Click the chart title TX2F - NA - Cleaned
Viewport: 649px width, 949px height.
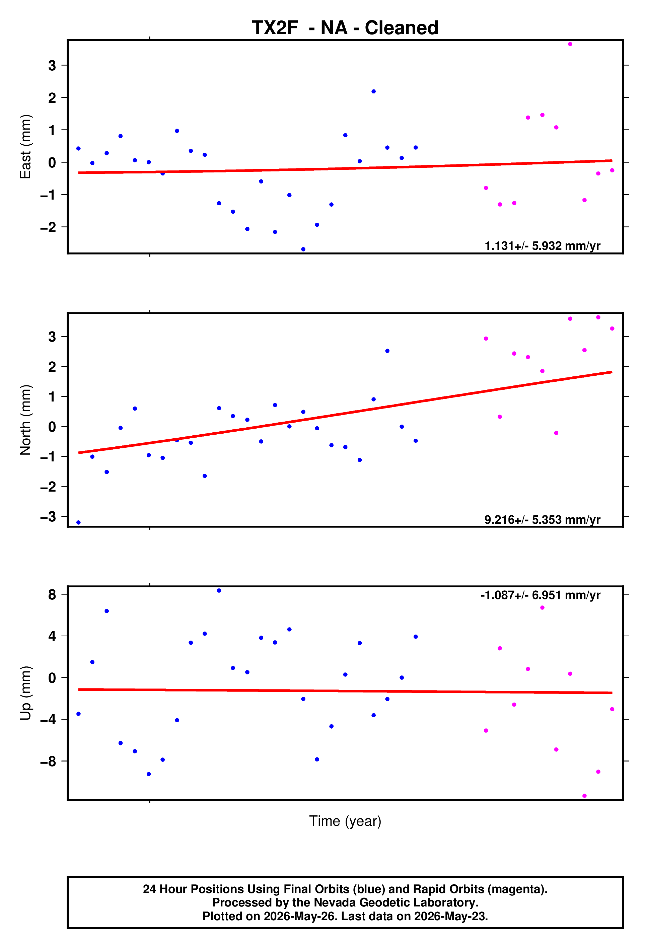click(x=345, y=28)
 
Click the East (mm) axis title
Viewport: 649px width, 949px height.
click(x=25, y=147)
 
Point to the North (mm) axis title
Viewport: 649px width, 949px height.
click(x=25, y=420)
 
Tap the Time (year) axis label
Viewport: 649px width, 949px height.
click(x=345, y=821)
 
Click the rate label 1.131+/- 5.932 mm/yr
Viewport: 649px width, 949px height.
click(x=543, y=246)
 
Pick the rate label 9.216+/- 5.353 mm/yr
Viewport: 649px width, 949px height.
click(x=543, y=519)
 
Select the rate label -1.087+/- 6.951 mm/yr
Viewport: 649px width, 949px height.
click(x=540, y=595)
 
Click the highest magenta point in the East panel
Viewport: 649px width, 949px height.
click(x=570, y=44)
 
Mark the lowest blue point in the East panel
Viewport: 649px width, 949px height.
click(x=303, y=249)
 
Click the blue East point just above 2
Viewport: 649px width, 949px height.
click(x=373, y=91)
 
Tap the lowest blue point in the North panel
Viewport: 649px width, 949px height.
click(x=78, y=523)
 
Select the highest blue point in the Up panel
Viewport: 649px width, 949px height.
click(x=219, y=590)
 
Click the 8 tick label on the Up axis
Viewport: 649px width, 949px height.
click(x=52, y=595)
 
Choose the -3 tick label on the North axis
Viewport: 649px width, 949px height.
click(x=48, y=517)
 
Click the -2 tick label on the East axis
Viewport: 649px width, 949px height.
click(x=48, y=227)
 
